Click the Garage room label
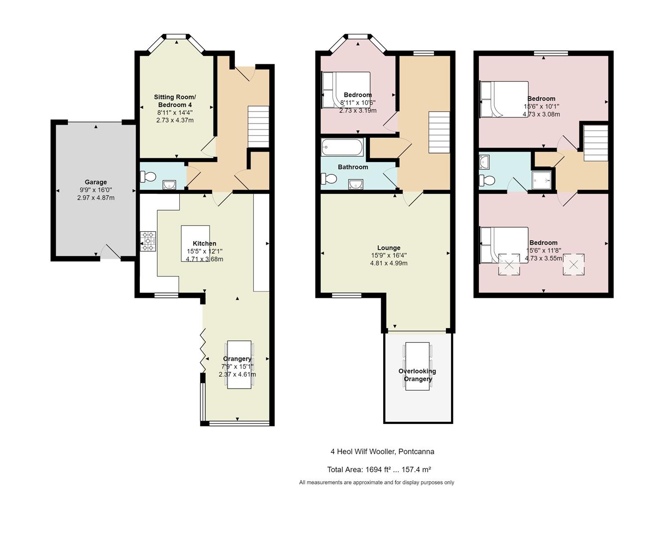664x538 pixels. pyautogui.click(x=96, y=182)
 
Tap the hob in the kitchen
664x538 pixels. pyautogui.click(x=148, y=241)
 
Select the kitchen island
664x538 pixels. pyautogui.click(x=196, y=243)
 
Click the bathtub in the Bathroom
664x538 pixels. pyautogui.click(x=342, y=147)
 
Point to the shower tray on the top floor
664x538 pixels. pyautogui.click(x=542, y=180)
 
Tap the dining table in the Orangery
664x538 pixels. pyautogui.click(x=239, y=365)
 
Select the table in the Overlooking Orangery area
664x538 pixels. pyautogui.click(x=418, y=366)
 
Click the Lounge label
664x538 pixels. pyautogui.click(x=389, y=248)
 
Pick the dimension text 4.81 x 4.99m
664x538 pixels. pyautogui.click(x=389, y=263)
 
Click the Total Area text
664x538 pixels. pyautogui.click(x=379, y=469)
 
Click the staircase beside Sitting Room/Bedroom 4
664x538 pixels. pyautogui.click(x=258, y=127)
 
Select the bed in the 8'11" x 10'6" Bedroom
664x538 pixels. pyautogui.click(x=346, y=90)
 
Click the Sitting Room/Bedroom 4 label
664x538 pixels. pyautogui.click(x=175, y=101)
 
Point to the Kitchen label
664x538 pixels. pyautogui.click(x=205, y=243)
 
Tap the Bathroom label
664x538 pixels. pyautogui.click(x=353, y=167)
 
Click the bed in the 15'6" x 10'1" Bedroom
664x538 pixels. pyautogui.click(x=504, y=99)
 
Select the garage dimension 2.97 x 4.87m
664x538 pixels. pyautogui.click(x=96, y=198)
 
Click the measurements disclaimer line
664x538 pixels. pyautogui.click(x=377, y=483)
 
